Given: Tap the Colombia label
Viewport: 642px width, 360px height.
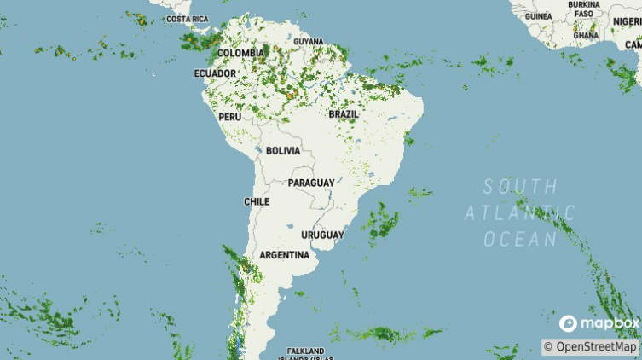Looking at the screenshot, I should tap(240, 53).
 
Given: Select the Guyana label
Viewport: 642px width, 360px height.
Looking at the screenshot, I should tap(308, 41).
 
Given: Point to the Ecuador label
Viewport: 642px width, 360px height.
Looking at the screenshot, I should tap(215, 73).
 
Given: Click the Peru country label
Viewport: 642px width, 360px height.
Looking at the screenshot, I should tap(230, 116).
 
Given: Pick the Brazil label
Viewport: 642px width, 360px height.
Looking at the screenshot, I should tap(344, 113).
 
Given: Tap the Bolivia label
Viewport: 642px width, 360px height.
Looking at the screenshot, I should tap(283, 150).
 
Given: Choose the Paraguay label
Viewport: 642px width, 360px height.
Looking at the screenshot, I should tap(311, 183).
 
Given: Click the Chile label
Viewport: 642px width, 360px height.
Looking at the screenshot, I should tap(257, 201).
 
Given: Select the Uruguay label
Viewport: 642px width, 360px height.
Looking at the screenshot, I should tap(322, 235).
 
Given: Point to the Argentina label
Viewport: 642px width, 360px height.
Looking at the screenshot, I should tap(284, 255).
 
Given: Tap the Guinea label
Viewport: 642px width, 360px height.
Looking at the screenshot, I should tap(538, 16).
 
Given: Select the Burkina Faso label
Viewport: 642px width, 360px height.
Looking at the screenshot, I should tap(584, 9).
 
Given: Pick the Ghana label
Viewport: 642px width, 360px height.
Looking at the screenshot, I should tap(586, 35).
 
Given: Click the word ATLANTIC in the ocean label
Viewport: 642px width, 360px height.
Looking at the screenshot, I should tap(520, 212).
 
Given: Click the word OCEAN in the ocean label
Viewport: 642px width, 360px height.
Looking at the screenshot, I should tap(520, 239).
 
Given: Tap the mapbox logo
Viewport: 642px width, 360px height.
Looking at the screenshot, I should tap(599, 323).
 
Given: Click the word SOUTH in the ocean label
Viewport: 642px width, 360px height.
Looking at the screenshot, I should tap(520, 186).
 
